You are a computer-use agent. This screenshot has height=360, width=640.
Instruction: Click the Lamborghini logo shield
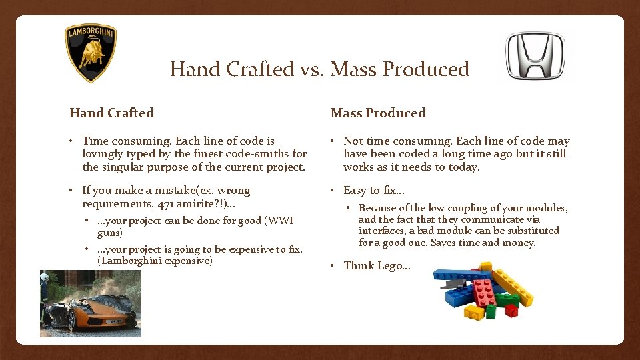pos(91,53)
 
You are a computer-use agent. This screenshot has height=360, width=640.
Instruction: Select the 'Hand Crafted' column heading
pos(111,113)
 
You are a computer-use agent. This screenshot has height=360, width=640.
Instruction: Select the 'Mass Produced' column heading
pos(378,113)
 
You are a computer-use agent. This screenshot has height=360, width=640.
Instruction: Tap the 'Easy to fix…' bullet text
pos(373,191)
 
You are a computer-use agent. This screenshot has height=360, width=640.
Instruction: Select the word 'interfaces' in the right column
pos(383,231)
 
